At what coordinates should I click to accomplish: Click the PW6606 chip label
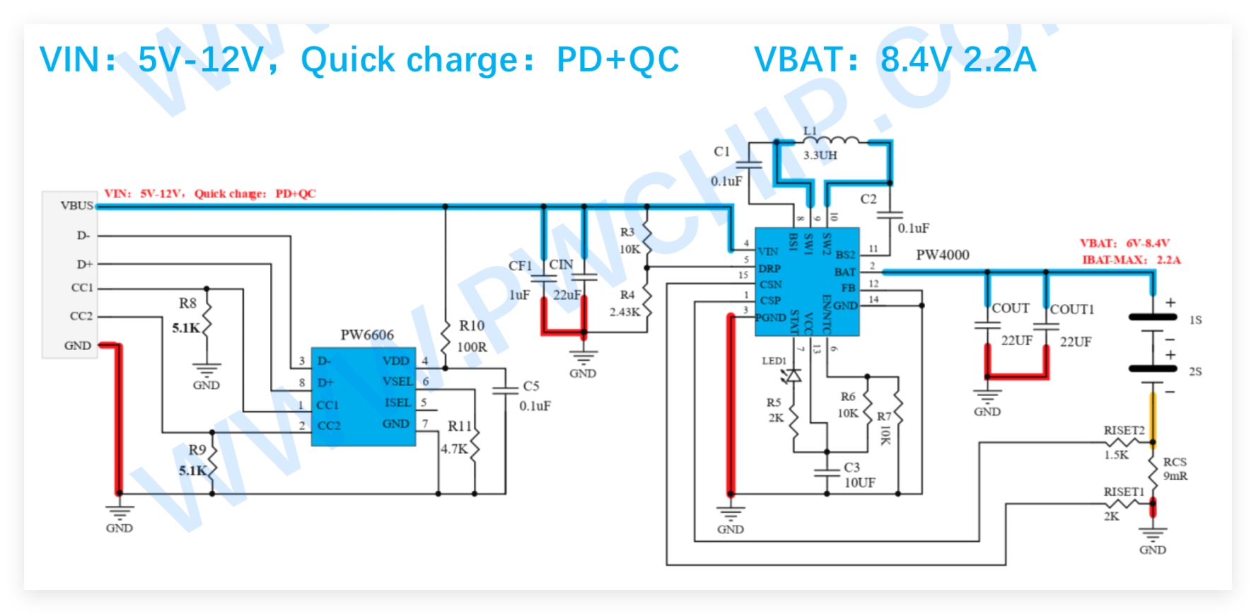(367, 335)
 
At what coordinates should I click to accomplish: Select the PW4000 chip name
(943, 255)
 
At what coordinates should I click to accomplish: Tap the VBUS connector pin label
(76, 206)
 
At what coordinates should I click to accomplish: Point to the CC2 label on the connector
(81, 316)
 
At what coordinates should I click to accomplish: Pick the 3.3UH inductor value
(820, 156)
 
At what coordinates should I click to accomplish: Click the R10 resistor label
(472, 325)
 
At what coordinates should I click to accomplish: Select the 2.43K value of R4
(624, 312)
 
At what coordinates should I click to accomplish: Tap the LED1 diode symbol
(794, 375)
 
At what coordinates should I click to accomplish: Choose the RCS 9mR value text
(1175, 476)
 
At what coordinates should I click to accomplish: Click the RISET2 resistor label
(1124, 430)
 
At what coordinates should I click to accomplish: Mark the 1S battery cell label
(1195, 320)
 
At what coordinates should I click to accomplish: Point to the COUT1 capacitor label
(1072, 309)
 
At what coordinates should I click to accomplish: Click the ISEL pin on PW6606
(397, 402)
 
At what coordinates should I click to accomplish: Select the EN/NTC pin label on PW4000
(826, 314)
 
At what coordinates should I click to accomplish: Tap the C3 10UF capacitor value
(859, 483)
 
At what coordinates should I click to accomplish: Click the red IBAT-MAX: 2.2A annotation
(1131, 260)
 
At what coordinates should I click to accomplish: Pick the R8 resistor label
(187, 303)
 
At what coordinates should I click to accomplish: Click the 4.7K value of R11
(454, 449)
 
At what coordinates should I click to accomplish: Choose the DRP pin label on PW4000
(769, 269)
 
